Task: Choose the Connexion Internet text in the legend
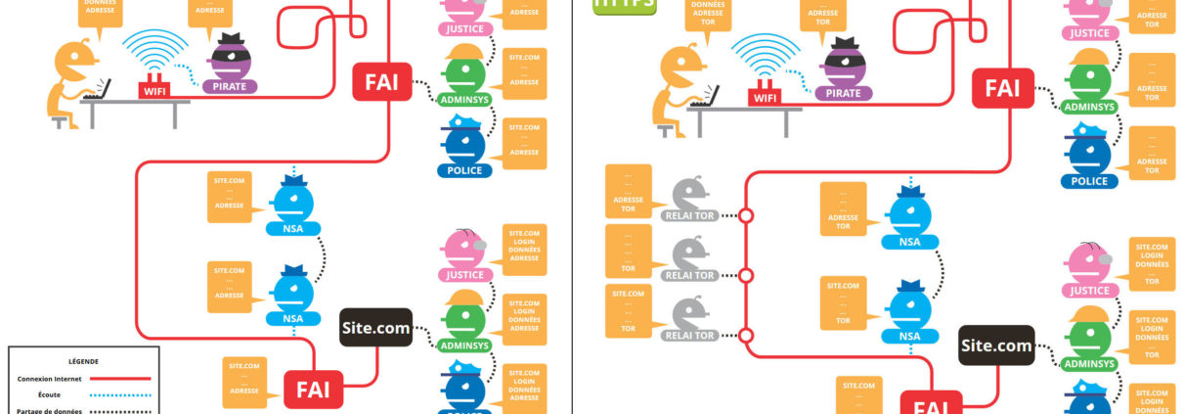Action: pos(50,378)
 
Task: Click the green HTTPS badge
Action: pos(625,4)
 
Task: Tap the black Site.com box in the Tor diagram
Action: pos(996,345)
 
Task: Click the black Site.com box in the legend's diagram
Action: pos(375,327)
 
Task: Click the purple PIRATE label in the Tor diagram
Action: pos(844,93)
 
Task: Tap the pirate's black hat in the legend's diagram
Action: pos(231,41)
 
